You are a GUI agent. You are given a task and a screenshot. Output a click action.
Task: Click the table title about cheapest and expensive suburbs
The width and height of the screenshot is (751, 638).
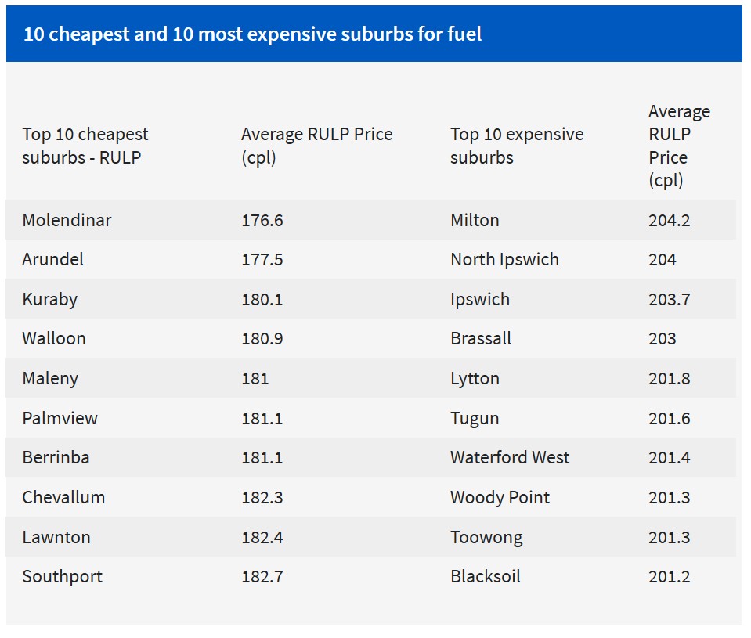(x=252, y=34)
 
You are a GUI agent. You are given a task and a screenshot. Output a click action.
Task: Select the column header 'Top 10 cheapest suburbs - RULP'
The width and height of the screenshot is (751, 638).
(x=85, y=146)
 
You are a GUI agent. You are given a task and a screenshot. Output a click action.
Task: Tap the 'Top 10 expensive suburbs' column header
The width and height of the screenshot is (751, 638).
(x=517, y=146)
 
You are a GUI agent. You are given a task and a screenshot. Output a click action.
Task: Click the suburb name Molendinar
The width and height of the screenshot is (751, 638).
(x=67, y=220)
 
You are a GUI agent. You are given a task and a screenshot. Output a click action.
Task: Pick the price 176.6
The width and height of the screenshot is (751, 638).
(x=262, y=220)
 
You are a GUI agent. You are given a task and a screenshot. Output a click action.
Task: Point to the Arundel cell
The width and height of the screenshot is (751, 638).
(x=52, y=259)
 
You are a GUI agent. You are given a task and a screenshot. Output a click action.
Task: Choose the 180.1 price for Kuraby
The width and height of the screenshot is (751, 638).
(x=262, y=299)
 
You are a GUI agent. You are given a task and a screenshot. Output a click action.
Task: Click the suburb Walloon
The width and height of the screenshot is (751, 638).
(x=54, y=338)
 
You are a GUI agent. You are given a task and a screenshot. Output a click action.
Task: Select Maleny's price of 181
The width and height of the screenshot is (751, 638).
(x=255, y=378)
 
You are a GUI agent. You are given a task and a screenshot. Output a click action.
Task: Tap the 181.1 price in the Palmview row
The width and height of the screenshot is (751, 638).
(x=262, y=418)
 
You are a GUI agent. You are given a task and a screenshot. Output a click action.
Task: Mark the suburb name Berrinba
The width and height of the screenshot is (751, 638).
(x=56, y=457)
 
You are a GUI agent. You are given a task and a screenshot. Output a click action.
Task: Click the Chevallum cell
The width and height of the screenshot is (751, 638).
(x=63, y=497)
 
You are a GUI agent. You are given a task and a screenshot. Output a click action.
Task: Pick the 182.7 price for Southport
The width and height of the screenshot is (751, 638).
(x=262, y=576)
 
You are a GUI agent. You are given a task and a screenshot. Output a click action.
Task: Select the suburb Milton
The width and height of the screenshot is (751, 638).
(x=475, y=220)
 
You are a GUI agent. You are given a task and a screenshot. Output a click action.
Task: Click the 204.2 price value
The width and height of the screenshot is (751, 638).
(x=669, y=220)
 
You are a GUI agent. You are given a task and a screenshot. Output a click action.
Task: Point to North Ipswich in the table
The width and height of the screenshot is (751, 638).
(x=504, y=259)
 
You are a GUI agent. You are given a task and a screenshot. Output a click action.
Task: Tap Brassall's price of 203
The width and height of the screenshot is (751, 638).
(x=662, y=338)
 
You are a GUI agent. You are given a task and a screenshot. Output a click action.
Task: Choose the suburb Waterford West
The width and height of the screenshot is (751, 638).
(x=510, y=457)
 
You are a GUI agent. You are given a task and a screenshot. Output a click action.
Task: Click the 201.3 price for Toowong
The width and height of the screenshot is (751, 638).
(x=669, y=537)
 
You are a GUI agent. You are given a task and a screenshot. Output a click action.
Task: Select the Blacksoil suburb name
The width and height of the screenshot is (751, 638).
(x=485, y=576)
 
